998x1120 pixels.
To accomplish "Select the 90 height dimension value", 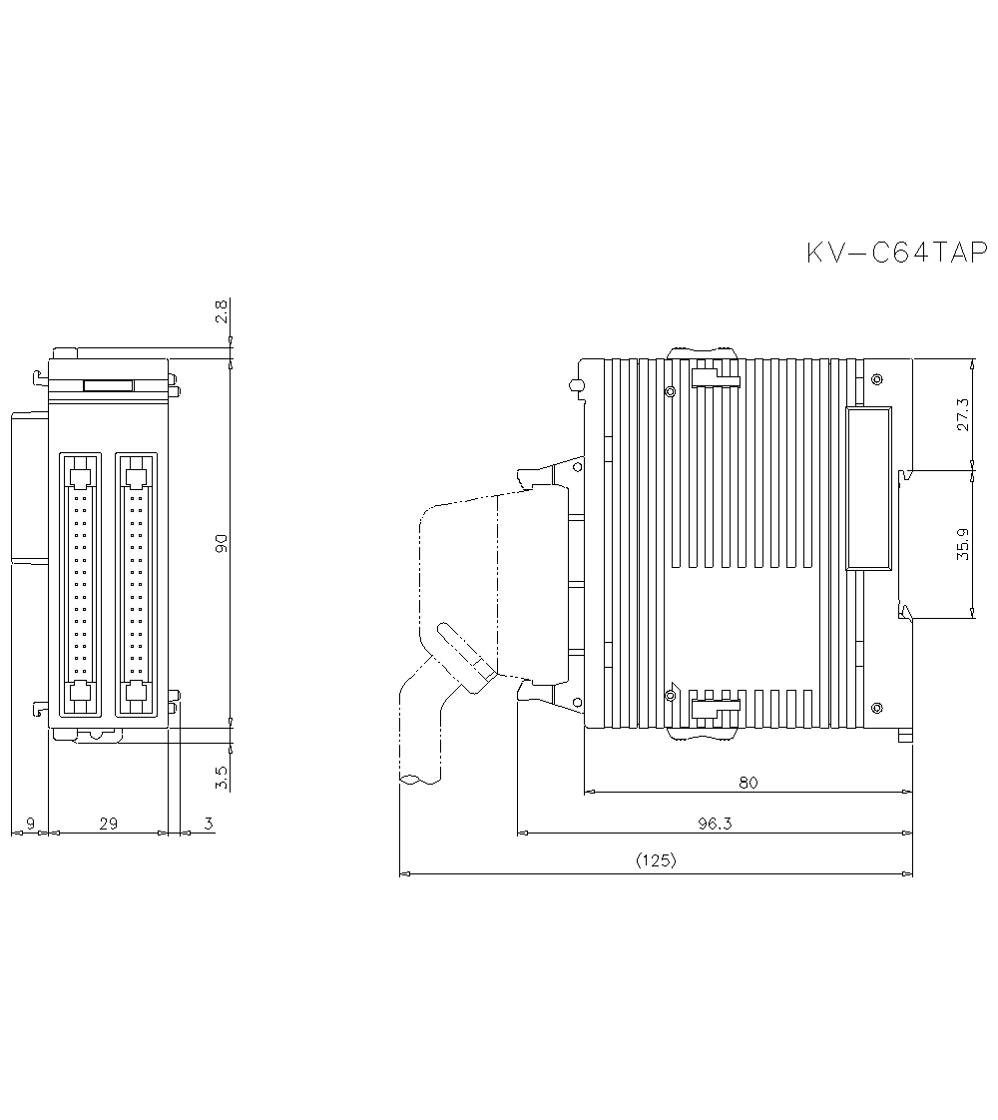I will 222,543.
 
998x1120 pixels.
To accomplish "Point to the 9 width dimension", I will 30,824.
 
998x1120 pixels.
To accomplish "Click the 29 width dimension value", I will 109,824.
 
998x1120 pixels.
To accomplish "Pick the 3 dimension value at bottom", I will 208,824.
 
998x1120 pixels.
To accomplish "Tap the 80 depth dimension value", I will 748,783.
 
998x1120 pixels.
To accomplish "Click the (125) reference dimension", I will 656,860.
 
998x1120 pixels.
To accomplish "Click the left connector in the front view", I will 81,584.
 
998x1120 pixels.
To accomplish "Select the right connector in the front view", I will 137,584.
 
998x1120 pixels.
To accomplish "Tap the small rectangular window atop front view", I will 109,385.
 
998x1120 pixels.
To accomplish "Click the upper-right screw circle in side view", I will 876,378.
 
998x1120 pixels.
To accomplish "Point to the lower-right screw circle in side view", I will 876,708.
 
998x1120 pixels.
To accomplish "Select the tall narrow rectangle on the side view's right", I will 868,488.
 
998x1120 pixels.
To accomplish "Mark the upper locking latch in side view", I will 716,376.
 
